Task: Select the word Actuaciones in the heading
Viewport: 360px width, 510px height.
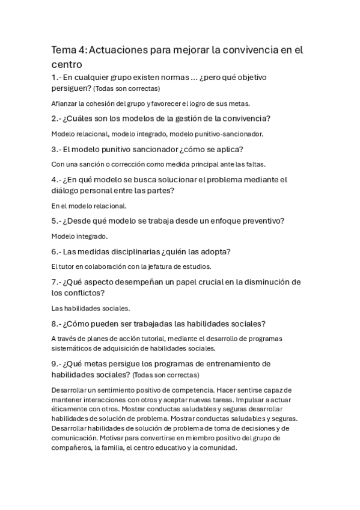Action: [118, 51]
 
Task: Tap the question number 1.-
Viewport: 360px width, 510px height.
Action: [58, 78]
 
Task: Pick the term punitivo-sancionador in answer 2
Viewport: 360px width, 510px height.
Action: [231, 134]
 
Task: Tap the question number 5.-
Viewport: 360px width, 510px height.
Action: [58, 221]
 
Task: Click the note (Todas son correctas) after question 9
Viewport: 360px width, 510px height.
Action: [165, 375]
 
